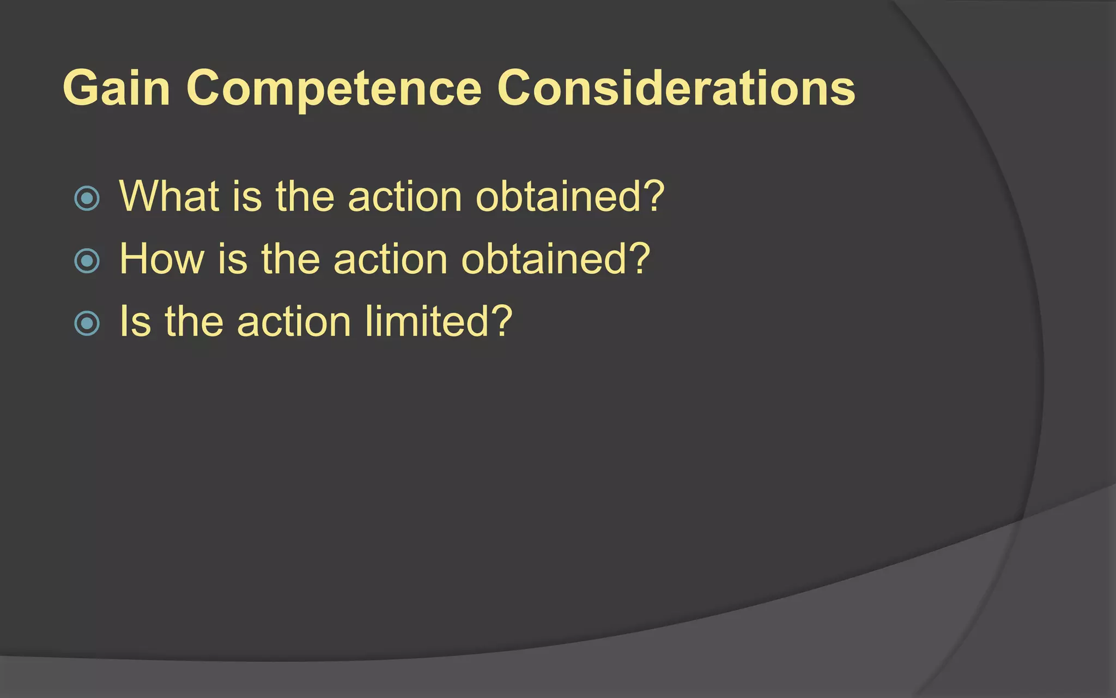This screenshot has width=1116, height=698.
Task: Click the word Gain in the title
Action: [116, 88]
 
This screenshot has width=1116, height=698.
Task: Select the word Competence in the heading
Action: [333, 89]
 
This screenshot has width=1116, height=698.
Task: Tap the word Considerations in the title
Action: [676, 88]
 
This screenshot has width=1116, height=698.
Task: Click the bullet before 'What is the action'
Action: [87, 198]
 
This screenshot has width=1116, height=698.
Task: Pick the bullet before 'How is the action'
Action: [87, 261]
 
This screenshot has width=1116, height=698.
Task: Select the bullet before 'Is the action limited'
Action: [87, 323]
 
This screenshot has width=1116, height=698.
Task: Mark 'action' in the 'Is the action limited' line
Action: [294, 321]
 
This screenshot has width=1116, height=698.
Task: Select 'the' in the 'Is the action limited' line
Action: [194, 321]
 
